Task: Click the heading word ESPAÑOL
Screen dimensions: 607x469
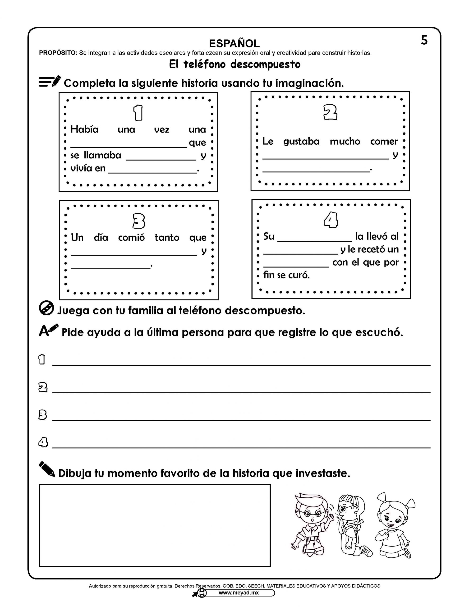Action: [x=234, y=44]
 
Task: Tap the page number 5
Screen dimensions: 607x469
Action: [x=424, y=40]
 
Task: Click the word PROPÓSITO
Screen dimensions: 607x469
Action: [x=58, y=53]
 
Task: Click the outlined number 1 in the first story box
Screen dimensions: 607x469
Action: [x=138, y=113]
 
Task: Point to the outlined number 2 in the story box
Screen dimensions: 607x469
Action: [x=330, y=112]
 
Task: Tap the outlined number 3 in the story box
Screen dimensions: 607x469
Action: [x=139, y=221]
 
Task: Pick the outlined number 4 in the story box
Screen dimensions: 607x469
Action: [x=331, y=220]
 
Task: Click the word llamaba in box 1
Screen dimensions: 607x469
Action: [x=103, y=155]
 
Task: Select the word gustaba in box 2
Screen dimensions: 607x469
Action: [x=301, y=142]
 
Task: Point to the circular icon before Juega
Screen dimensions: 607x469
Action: [x=46, y=308]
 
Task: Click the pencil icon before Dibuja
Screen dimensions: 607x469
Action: [x=47, y=469]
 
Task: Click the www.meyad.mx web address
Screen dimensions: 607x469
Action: [x=238, y=593]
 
